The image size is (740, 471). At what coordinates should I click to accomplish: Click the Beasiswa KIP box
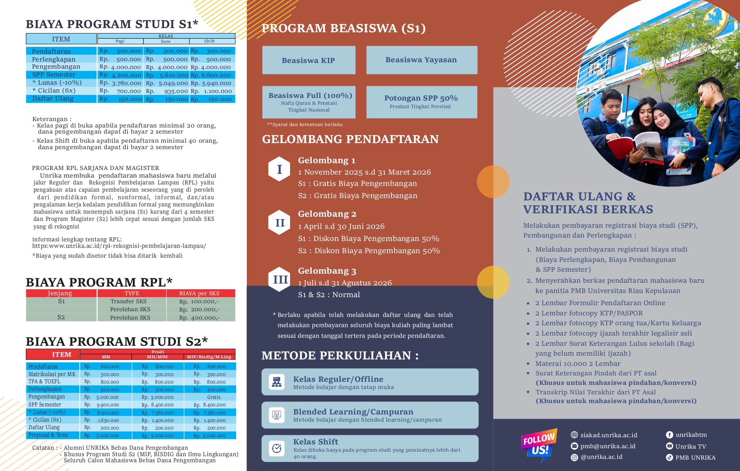[x=309, y=60]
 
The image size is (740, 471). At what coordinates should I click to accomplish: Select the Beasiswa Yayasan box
[x=421, y=60]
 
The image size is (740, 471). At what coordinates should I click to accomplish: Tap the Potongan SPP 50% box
[x=421, y=102]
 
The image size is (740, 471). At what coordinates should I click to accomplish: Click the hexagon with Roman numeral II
[x=279, y=222]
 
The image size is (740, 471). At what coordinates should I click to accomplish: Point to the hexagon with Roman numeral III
[x=280, y=279]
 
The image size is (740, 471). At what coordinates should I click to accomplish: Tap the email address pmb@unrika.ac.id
[x=607, y=446]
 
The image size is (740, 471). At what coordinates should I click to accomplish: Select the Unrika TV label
[x=691, y=446]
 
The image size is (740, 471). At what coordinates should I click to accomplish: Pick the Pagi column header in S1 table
[x=120, y=41]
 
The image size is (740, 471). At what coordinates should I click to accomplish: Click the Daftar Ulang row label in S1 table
[x=53, y=99]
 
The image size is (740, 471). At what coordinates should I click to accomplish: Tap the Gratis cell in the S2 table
[x=213, y=397]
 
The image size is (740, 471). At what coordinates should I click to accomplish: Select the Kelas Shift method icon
[x=277, y=448]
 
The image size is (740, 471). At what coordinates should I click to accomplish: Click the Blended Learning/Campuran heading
[x=353, y=412]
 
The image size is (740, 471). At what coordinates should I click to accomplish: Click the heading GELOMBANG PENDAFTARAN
[x=350, y=139]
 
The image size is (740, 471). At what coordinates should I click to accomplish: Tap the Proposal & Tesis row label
[x=48, y=435]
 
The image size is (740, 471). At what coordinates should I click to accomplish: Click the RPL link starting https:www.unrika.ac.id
[x=119, y=246]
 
